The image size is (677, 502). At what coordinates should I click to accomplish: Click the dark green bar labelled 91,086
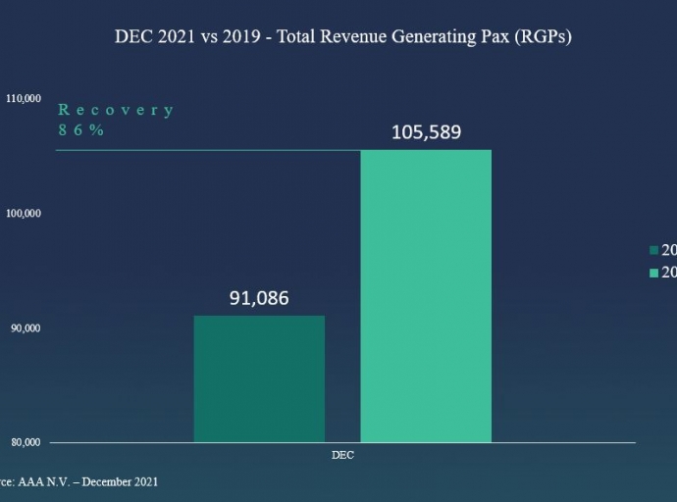259,378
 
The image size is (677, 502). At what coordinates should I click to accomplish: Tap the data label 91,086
259,298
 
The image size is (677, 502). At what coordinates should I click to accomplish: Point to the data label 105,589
426,132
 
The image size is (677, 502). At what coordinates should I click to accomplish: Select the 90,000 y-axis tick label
25,327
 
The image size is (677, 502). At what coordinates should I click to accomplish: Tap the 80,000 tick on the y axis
25,441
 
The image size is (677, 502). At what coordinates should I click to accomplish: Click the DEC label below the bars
342,456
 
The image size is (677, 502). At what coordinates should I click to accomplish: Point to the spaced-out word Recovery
116,110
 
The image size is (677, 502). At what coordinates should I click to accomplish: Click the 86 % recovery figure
80,129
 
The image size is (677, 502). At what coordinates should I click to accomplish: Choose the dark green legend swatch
653,250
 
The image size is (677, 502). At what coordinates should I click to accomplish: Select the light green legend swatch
653,273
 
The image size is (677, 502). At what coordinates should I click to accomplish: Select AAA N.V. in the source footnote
47,481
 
